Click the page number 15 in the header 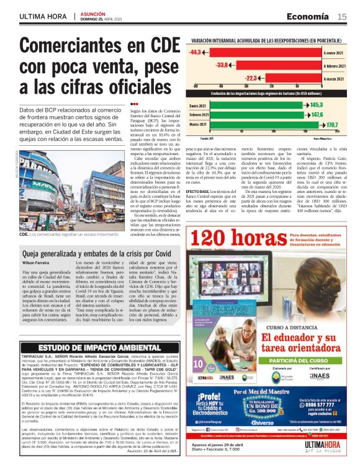pos(342,17)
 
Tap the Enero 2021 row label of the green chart pos(199,105)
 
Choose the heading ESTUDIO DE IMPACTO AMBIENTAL pos(91,347)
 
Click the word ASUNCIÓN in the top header pos(94,12)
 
